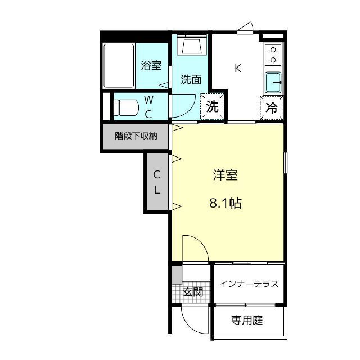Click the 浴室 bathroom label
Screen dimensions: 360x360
coord(151,65)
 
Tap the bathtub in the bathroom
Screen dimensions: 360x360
coord(119,66)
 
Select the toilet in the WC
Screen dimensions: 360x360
coord(126,107)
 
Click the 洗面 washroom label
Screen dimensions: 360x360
coord(191,79)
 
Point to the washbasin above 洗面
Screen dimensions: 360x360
coord(192,46)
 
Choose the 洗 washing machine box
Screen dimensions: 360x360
coord(213,106)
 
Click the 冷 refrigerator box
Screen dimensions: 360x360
coord(272,107)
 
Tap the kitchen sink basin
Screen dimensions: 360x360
coord(273,83)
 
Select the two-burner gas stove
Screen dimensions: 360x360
coord(273,55)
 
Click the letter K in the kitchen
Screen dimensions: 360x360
coord(238,68)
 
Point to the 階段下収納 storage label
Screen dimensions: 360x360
coord(136,136)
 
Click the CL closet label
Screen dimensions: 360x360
coord(157,182)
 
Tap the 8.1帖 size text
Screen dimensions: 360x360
coord(226,203)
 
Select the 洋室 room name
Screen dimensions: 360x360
coord(225,175)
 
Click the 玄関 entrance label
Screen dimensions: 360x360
coord(193,292)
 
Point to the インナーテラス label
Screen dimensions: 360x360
coord(249,284)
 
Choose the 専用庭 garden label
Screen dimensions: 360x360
coord(247,320)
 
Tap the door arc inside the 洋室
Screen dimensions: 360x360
coord(201,242)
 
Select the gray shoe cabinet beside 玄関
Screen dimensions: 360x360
coord(177,274)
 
